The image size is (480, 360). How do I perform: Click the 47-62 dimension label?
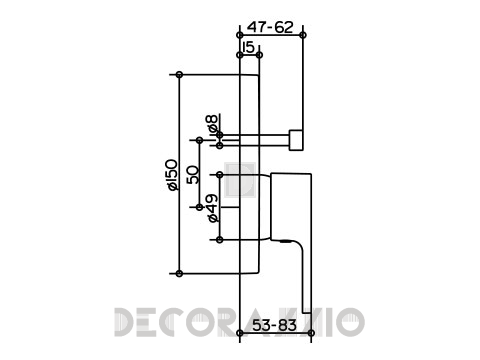[x=270, y=27]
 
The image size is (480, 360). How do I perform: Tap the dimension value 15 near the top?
[x=249, y=47]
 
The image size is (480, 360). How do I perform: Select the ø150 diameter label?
[x=172, y=175]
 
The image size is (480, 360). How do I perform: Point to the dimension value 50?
[x=193, y=175]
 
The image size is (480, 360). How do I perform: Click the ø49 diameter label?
[x=212, y=208]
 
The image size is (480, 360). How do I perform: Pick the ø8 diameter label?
[x=212, y=123]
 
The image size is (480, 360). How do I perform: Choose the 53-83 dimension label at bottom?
[x=274, y=325]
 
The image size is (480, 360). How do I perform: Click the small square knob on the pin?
[x=296, y=140]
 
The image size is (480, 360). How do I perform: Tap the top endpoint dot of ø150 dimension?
[x=179, y=75]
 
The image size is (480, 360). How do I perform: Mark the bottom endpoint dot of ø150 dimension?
[x=179, y=274]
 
